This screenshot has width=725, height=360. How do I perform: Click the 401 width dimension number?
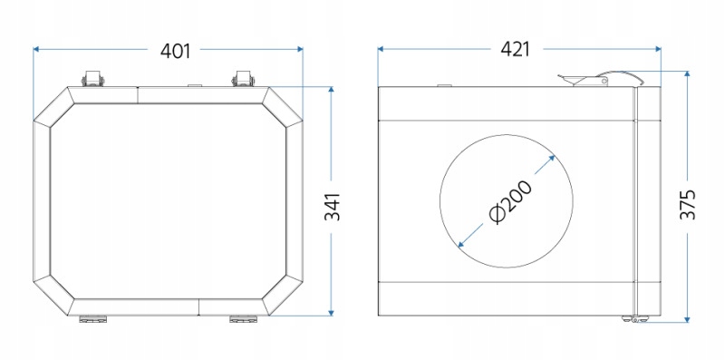(x=175, y=51)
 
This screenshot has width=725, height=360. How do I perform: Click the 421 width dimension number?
(x=515, y=49)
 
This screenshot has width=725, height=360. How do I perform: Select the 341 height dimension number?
(x=332, y=207)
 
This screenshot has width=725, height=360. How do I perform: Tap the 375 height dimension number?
(x=688, y=204)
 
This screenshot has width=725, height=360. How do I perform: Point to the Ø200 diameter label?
(x=510, y=201)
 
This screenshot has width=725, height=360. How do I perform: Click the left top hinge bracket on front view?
(x=92, y=79)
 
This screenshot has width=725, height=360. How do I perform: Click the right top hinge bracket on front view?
(x=243, y=79)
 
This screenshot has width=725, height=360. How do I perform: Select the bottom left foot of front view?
(x=93, y=319)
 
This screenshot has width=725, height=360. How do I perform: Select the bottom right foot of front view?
(x=243, y=319)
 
